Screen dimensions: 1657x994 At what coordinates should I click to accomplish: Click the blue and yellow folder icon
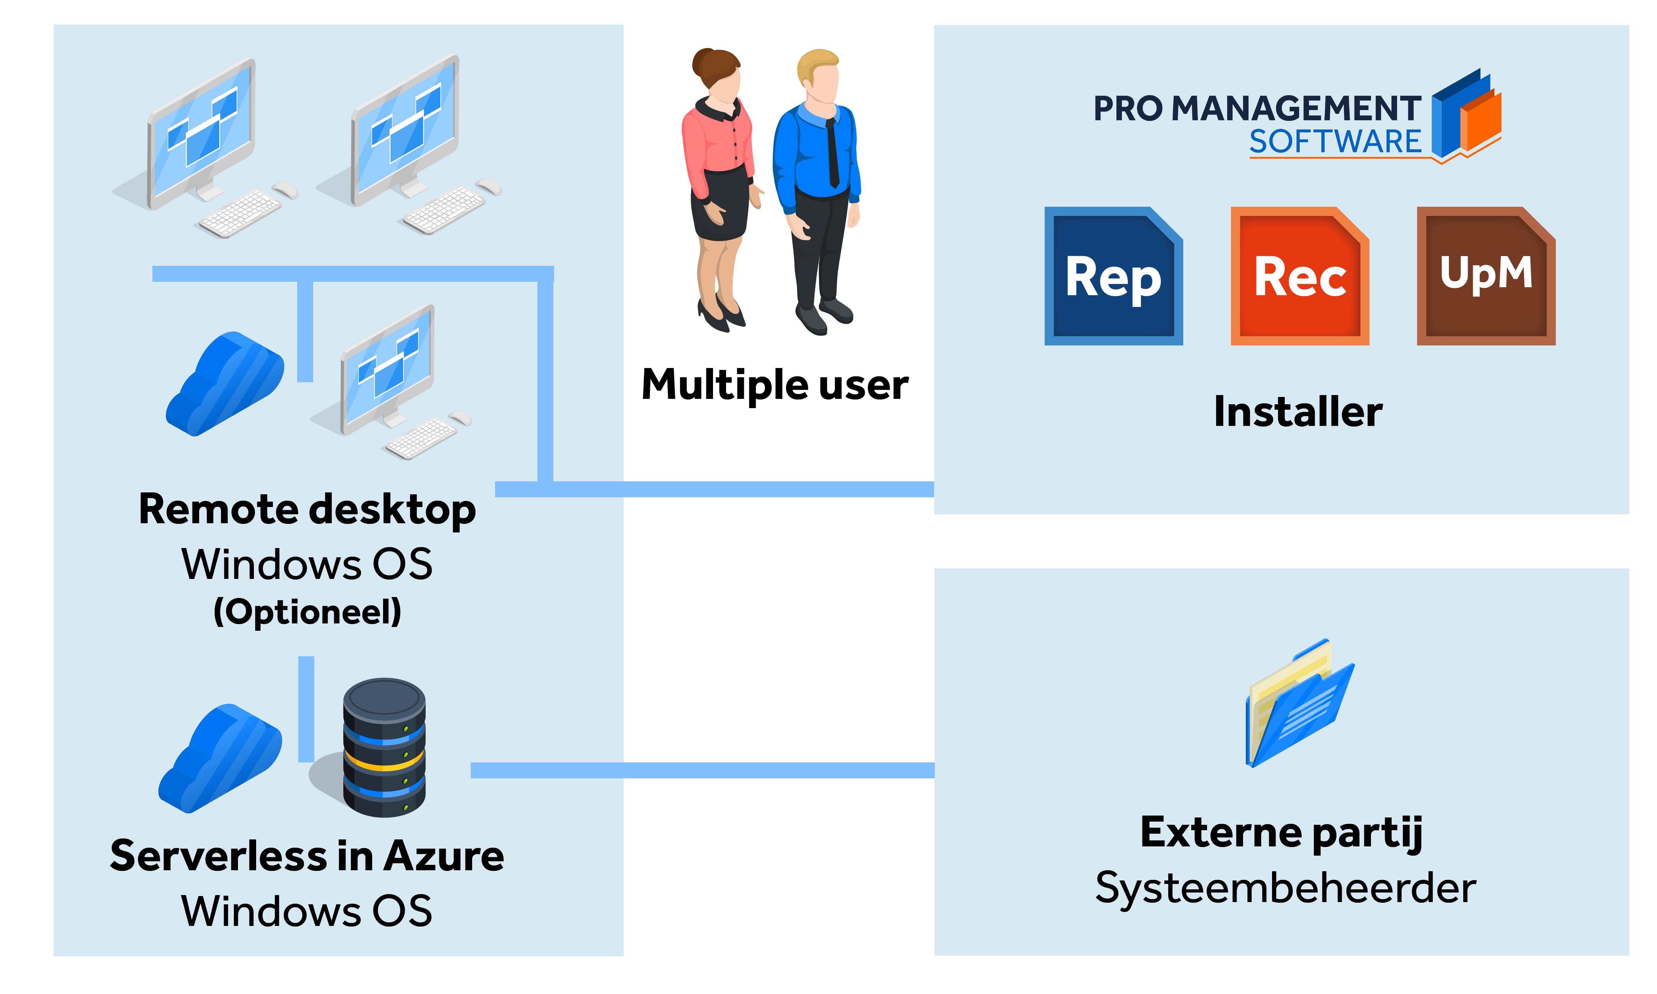(x=1299, y=703)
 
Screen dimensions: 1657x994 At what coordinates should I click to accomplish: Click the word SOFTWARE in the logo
(x=1335, y=141)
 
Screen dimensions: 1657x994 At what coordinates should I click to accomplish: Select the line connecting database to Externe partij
(x=703, y=770)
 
